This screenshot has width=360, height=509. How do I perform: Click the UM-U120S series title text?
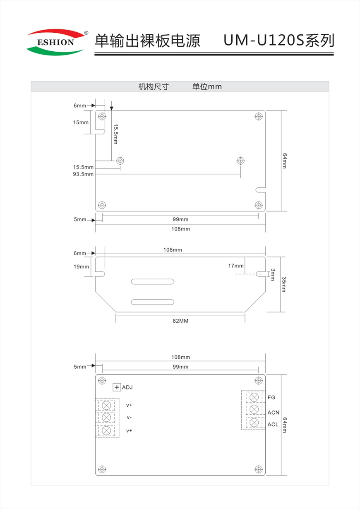point(278,41)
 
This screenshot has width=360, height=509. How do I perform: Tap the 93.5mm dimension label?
point(83,174)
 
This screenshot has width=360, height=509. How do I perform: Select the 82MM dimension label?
point(180,321)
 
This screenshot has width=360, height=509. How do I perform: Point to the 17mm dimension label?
point(236,266)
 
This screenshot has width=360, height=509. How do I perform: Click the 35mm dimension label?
point(284,284)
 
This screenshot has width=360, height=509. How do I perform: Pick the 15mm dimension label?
point(81,122)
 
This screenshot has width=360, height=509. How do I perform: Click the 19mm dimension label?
point(82,267)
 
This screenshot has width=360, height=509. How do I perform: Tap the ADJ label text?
point(127,387)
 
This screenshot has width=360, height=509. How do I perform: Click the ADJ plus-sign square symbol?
point(117,387)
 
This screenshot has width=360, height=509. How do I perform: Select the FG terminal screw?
point(254,397)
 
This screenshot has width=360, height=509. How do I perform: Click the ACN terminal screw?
point(254,410)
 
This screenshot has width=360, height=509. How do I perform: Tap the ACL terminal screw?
point(254,423)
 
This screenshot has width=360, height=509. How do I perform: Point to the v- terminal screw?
point(106,417)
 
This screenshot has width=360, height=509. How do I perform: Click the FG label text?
point(271,398)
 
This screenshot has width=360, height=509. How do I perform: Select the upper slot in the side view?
point(153,282)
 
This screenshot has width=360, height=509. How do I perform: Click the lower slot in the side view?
point(152,302)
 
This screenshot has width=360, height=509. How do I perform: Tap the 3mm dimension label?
point(273,274)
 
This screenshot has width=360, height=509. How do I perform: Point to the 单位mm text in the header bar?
point(207,86)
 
